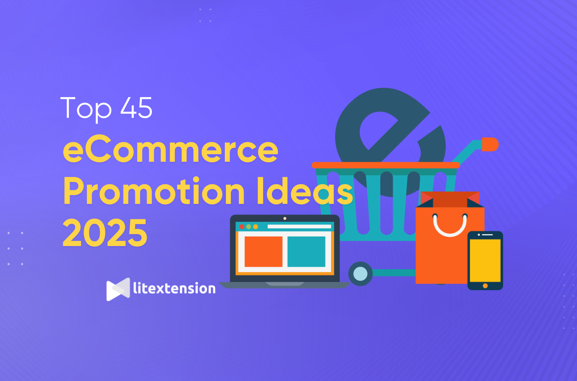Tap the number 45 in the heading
(x=137, y=108)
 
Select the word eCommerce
(x=171, y=149)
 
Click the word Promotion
(x=154, y=191)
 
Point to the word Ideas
(x=305, y=191)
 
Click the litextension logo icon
(x=118, y=289)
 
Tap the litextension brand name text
(x=174, y=288)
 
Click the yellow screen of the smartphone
(x=485, y=260)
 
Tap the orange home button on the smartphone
(x=485, y=286)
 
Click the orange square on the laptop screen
(x=263, y=252)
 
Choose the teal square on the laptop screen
(x=306, y=252)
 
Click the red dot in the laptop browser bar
(x=242, y=227)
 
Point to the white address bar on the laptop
(x=299, y=227)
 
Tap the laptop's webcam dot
(x=285, y=218)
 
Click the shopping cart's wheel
(x=360, y=274)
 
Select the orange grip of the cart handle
(x=490, y=144)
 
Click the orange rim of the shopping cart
(x=386, y=165)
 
